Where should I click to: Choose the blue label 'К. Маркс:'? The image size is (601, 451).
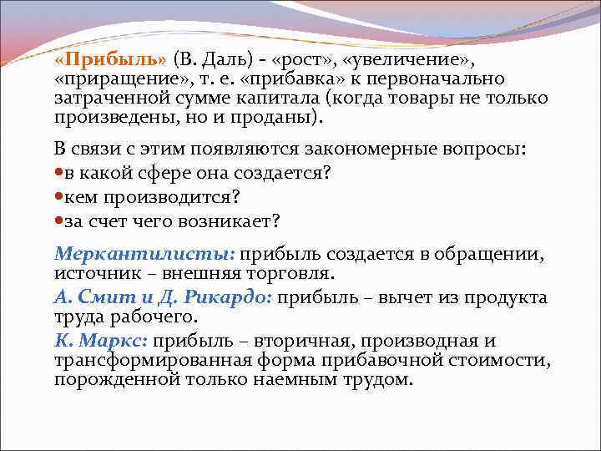101,342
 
